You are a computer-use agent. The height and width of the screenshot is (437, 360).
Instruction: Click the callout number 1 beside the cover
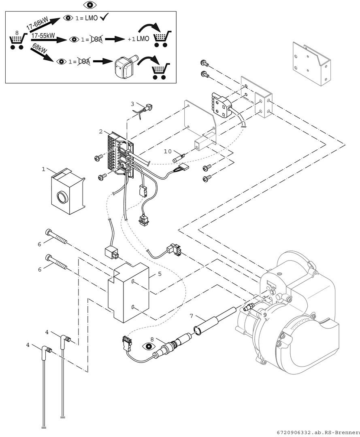(x=43, y=170)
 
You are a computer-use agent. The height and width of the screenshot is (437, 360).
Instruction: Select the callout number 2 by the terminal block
(x=100, y=132)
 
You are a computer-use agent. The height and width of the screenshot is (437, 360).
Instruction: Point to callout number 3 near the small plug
(x=132, y=104)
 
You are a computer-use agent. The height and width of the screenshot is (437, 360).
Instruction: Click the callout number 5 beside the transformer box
(x=160, y=274)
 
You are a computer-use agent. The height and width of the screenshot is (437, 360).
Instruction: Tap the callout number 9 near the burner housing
(x=264, y=314)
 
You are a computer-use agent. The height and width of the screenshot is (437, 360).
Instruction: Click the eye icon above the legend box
(x=90, y=5)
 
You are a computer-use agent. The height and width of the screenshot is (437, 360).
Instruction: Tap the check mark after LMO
(x=104, y=17)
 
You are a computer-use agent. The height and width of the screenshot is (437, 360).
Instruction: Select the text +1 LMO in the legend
(x=138, y=39)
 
